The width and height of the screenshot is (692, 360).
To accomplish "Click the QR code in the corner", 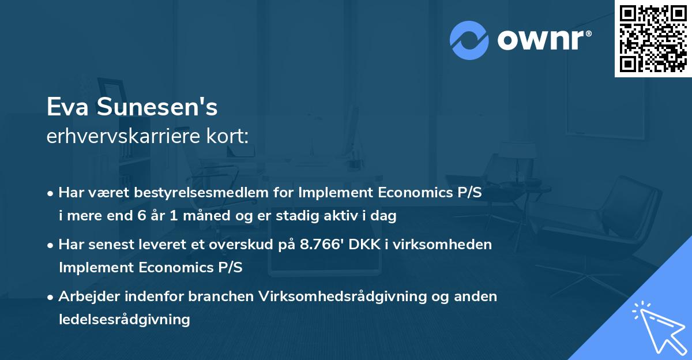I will (x=653, y=39).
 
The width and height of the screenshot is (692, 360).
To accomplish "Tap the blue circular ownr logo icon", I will (x=469, y=40).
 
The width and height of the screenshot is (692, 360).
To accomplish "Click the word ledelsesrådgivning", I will (x=125, y=319).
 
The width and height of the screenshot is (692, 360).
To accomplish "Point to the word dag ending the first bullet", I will (x=385, y=216).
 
